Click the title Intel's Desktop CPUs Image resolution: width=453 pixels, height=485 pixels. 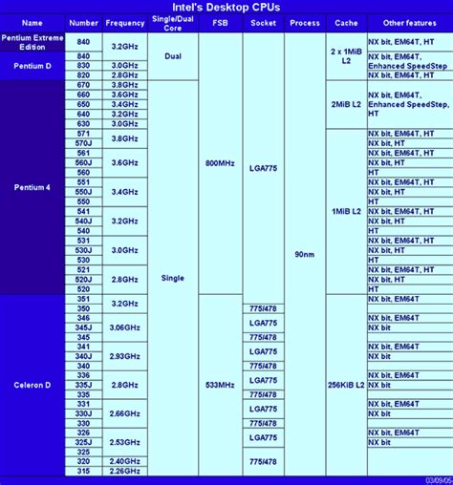226,7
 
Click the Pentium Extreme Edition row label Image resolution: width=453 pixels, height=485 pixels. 32,42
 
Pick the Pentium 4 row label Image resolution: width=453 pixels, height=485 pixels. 32,187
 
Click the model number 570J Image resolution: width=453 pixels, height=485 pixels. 84,143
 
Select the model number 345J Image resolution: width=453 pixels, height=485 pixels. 84,327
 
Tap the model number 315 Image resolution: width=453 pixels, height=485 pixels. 84,471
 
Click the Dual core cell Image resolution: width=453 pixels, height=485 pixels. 174,56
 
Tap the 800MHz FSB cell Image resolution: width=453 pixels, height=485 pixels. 220,163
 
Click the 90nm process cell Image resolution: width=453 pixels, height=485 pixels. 306,256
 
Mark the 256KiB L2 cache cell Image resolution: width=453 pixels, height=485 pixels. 345,385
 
